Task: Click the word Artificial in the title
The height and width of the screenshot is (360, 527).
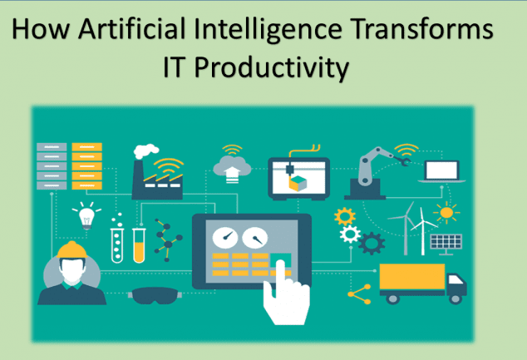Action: click(131, 29)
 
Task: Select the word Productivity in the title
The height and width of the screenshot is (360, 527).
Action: click(272, 67)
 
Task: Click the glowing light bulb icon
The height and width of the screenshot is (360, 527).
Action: click(86, 215)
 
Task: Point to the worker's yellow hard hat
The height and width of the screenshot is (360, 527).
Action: click(71, 249)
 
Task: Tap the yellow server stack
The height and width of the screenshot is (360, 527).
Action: click(86, 166)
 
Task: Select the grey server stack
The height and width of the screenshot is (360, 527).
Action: click(52, 166)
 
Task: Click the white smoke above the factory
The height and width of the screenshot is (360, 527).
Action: click(145, 151)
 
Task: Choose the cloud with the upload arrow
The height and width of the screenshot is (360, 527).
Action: click(232, 167)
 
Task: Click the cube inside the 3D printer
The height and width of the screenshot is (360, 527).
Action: click(298, 184)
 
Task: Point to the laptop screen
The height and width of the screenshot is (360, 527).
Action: click(441, 170)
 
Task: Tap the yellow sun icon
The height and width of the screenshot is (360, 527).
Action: click(446, 213)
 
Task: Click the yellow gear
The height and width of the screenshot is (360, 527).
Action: click(345, 216)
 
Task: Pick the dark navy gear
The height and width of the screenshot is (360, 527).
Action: click(372, 243)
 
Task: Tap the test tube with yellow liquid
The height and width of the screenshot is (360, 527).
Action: click(139, 245)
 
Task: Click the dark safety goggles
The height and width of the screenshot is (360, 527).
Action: click(155, 295)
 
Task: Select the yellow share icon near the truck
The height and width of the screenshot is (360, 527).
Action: click(359, 294)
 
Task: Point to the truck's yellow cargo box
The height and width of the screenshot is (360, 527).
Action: click(412, 276)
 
